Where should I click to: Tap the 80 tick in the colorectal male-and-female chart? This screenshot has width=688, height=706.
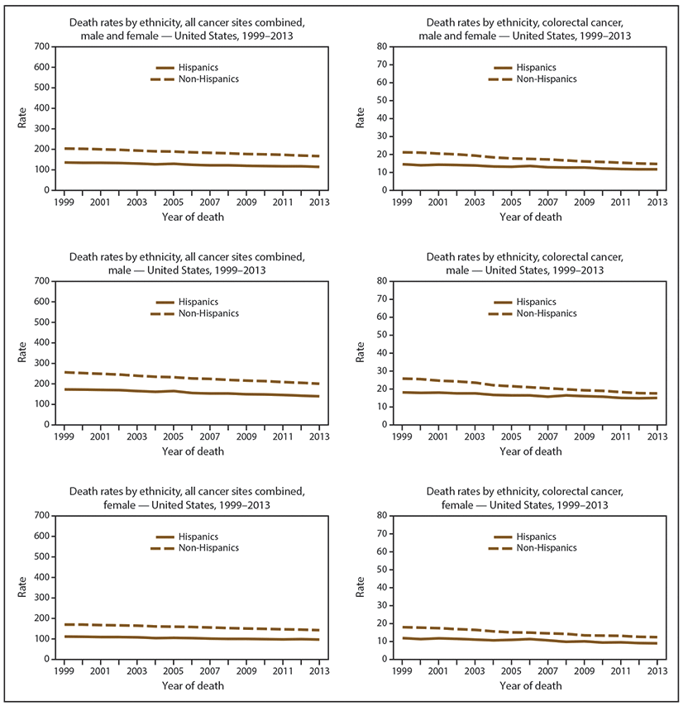(x=384, y=46)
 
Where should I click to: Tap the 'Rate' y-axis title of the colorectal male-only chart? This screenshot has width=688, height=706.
(x=361, y=353)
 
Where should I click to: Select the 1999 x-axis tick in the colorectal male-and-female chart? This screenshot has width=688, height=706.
(x=402, y=203)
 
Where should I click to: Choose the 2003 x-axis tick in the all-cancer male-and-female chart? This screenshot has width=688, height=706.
(x=136, y=203)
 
